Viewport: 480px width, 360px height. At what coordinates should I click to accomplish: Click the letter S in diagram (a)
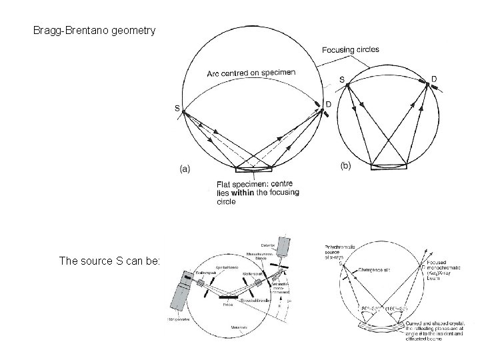click(177, 108)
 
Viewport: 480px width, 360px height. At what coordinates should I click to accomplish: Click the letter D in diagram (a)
click(327, 103)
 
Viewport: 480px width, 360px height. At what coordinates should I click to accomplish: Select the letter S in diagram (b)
click(342, 80)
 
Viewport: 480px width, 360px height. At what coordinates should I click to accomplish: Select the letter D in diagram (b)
click(434, 79)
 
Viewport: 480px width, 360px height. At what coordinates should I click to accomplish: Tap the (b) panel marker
click(345, 165)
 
